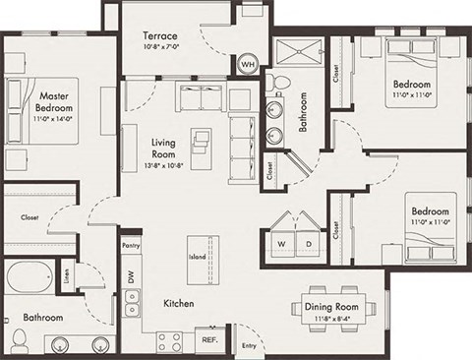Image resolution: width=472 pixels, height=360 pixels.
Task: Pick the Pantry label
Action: click(x=131, y=243)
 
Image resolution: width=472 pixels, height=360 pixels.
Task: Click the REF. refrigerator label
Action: click(x=208, y=339)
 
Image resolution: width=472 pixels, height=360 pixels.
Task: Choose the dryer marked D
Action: click(x=309, y=242)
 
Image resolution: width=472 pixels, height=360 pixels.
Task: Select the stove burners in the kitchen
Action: click(x=169, y=340)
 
